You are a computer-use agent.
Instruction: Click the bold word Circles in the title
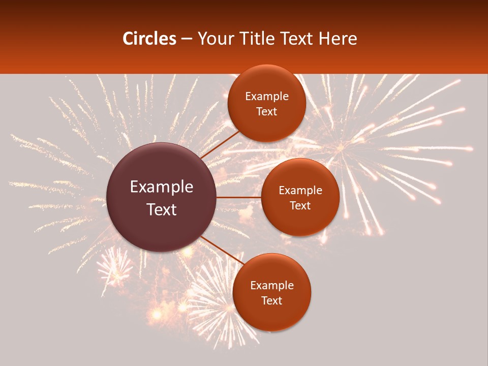[x=149, y=39]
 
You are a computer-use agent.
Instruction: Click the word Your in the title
[x=213, y=39]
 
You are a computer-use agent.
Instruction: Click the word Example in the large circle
[x=162, y=187]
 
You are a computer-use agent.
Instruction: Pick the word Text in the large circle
[x=162, y=209]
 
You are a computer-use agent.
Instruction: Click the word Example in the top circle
[x=267, y=97]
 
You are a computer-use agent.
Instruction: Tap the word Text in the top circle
[x=267, y=112]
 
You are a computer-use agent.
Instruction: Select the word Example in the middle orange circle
[x=300, y=191]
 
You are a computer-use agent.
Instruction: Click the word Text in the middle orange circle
[x=300, y=206]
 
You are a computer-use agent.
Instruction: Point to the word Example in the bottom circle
[x=272, y=286]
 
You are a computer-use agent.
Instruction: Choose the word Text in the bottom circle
[x=272, y=301]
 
